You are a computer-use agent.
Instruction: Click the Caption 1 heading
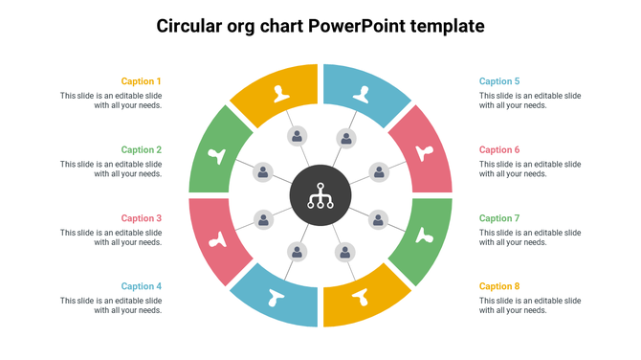[x=142, y=81]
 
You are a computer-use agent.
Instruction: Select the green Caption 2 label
[x=142, y=149]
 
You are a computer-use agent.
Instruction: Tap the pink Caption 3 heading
[x=142, y=218]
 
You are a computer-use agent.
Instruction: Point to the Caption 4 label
[x=142, y=286]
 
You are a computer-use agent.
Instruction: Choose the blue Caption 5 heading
[x=499, y=81]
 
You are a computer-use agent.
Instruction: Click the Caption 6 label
[x=499, y=149]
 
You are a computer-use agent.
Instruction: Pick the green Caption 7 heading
[x=499, y=218]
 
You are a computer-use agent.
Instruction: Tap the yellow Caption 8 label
[x=499, y=286]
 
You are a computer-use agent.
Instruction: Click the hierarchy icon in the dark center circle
[x=320, y=196]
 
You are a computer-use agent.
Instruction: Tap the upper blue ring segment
[x=365, y=93]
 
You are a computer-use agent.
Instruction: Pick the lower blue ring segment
[x=277, y=298]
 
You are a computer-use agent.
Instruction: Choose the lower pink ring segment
[x=218, y=239]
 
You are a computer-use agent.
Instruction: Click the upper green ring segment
[x=218, y=153]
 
